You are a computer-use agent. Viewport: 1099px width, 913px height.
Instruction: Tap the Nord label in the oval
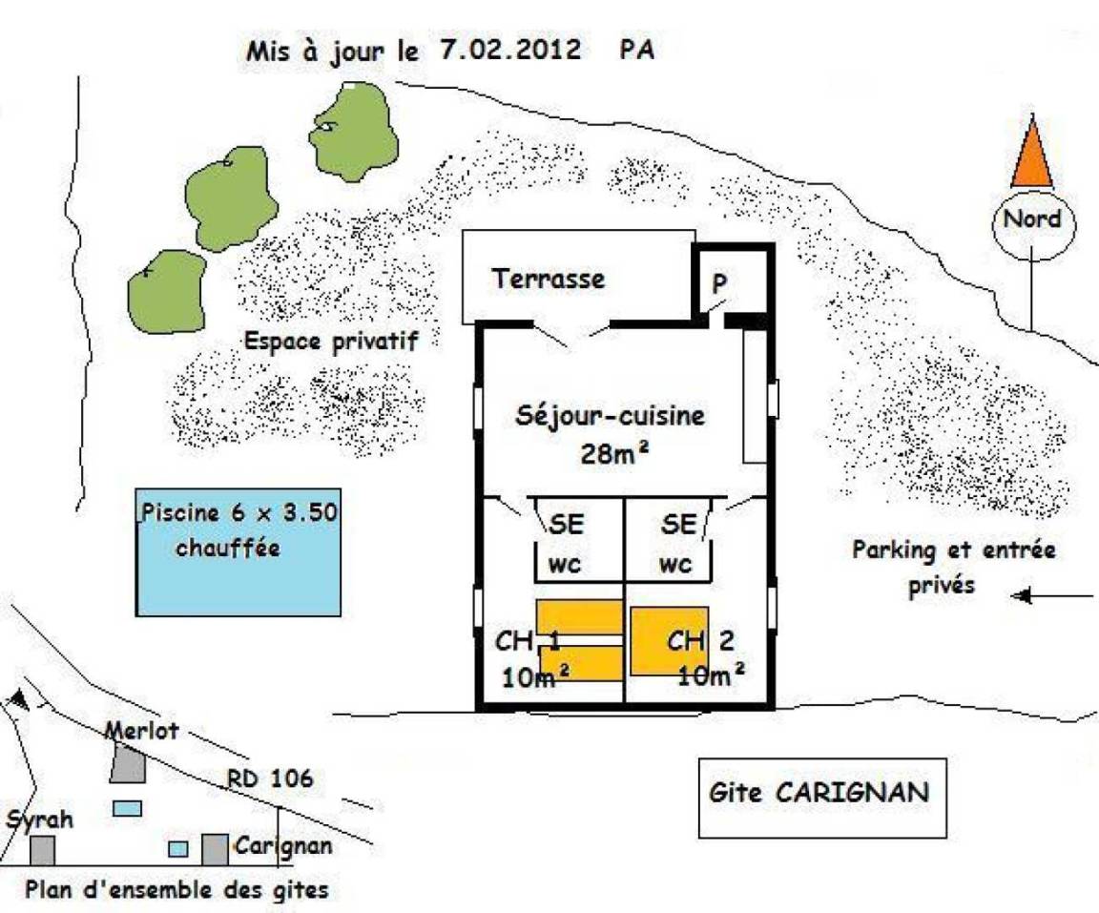coord(1032,218)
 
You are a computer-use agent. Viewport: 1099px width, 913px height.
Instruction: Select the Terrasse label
coord(549,279)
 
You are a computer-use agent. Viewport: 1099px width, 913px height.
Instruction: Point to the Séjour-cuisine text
coord(611,416)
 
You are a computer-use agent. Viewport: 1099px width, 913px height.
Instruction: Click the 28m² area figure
coord(614,454)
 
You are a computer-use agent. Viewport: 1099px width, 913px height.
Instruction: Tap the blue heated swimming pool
coord(238,552)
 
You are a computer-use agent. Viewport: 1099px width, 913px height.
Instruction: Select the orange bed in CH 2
coord(670,641)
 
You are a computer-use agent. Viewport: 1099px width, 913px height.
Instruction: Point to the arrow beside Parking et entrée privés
coord(1052,596)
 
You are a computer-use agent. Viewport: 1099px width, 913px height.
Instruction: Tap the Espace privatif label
coord(331,342)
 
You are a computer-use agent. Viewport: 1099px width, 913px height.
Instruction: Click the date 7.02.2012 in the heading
coord(511,49)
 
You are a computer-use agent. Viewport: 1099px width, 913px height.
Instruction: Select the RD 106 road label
coord(271,778)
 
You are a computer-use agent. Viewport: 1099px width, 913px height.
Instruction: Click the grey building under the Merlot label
coord(128,764)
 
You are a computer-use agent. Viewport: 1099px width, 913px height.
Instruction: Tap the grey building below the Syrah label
coord(42,850)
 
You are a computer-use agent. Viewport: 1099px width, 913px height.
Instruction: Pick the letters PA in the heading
coord(637,49)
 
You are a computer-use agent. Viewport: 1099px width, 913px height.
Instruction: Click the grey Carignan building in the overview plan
coord(216,850)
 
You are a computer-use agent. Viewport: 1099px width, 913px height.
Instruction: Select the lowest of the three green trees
coord(168,292)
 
